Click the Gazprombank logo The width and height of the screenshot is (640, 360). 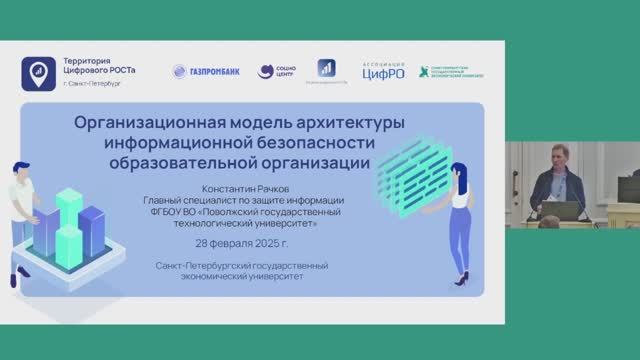tap(206, 71)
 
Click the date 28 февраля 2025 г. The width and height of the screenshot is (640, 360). tap(241, 243)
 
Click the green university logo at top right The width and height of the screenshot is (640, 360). tap(451, 71)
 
